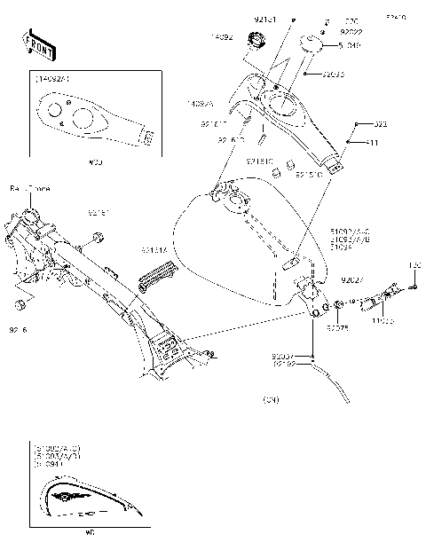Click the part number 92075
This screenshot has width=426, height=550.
[338, 328]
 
